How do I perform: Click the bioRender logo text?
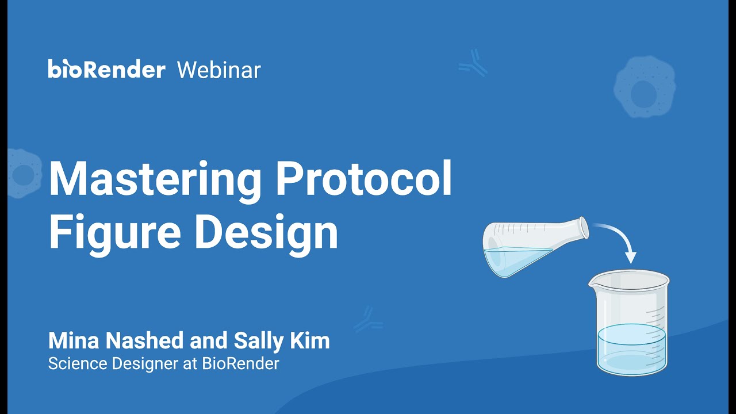pos(106,70)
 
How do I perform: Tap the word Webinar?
pos(218,70)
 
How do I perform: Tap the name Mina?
pos(72,341)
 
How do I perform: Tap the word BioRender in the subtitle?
pos(240,363)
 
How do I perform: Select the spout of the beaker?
pos(593,282)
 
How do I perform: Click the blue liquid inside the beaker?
pos(631,348)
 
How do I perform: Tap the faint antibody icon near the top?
pos(473,63)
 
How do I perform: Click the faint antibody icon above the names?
pos(367,320)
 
